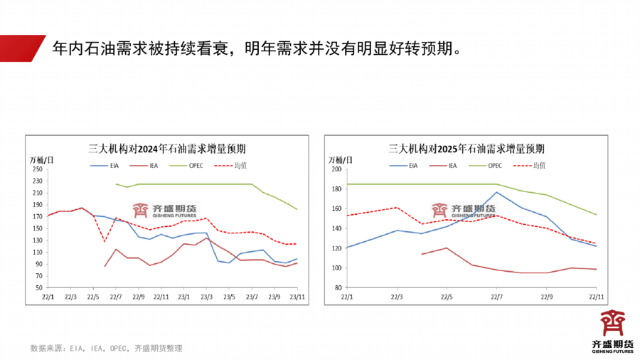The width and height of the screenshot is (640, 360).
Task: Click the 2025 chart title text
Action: (466, 149)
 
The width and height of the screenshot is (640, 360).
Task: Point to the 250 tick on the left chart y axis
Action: (38, 169)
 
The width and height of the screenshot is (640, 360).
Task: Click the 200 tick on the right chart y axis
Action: (337, 169)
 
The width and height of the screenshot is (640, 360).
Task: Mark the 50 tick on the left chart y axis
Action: (40, 287)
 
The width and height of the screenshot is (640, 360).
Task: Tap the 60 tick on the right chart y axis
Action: (338, 287)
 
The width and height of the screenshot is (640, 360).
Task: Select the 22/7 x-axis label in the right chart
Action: (496, 297)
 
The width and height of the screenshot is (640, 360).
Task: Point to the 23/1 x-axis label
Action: (183, 297)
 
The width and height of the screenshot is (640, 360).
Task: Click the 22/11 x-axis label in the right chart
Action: (596, 297)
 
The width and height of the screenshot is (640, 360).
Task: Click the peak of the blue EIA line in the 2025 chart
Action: (496, 192)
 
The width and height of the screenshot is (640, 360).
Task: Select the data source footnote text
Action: (107, 349)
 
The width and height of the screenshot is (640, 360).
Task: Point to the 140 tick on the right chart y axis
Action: (337, 228)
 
